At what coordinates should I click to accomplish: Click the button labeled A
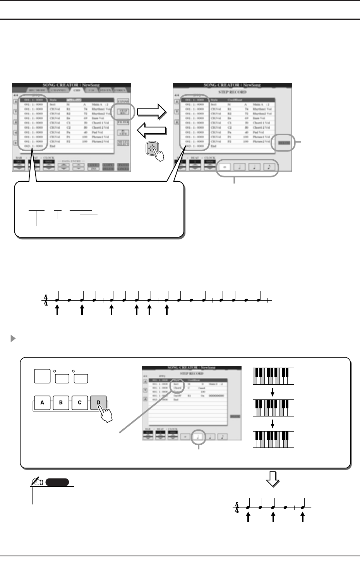tap(42, 403)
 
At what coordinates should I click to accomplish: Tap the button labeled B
tap(61, 403)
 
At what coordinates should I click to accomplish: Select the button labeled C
tap(80, 403)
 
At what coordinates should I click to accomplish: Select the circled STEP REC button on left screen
tap(123, 112)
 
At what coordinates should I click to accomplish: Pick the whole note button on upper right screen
tap(225, 167)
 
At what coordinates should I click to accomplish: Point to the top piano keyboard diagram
tap(273, 376)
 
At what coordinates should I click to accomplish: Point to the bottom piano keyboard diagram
tap(273, 439)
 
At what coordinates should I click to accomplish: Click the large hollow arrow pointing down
tap(273, 481)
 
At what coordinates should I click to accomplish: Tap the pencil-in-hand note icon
tap(38, 482)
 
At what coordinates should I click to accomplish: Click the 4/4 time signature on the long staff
tap(46, 299)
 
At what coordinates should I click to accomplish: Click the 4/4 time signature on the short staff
tap(237, 507)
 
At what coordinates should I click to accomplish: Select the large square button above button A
tap(42, 377)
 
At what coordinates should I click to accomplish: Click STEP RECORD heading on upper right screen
tap(232, 92)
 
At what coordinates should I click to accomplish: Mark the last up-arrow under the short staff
tap(303, 518)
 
